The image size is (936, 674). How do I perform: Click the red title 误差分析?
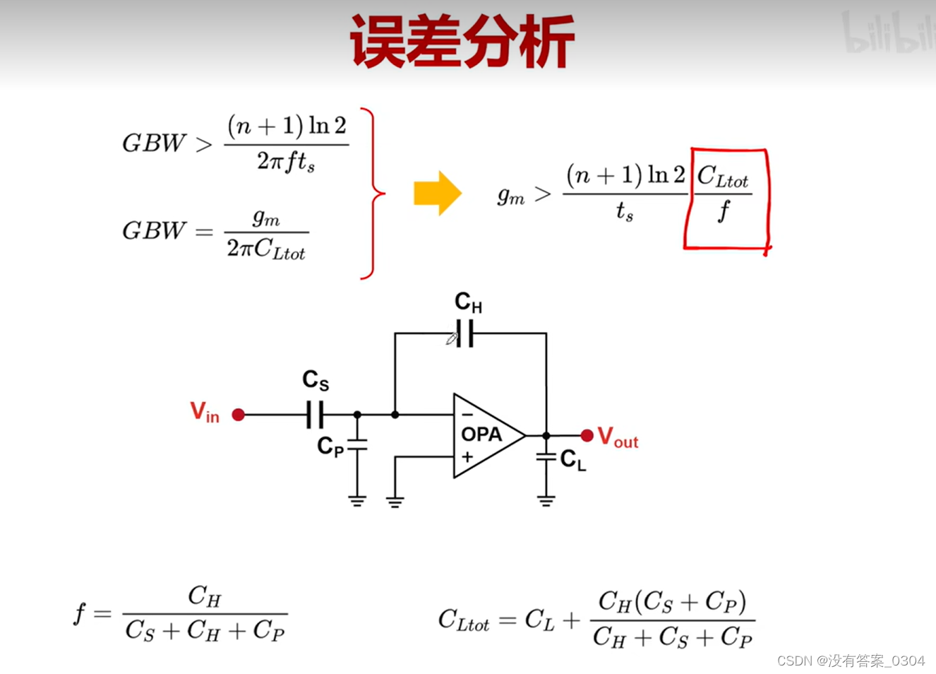462,42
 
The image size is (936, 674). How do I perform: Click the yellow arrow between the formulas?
437,193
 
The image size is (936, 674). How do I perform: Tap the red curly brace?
373,193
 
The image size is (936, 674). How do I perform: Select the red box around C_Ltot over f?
726,199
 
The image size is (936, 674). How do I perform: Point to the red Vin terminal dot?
239,415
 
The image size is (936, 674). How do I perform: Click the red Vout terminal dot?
587,435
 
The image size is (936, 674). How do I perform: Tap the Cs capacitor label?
316,381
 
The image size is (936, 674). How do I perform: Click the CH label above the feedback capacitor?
468,302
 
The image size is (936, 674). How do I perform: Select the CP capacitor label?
330,447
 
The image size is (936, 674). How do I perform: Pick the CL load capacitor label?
573,461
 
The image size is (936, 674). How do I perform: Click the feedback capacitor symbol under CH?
464,333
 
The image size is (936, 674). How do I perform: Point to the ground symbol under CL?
546,501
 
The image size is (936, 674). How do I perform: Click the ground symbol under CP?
357,501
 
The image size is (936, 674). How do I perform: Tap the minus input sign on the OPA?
467,415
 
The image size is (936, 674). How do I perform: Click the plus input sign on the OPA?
467,457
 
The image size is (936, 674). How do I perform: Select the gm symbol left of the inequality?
511,195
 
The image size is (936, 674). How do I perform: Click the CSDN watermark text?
851,661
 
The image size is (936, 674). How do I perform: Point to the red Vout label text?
618,437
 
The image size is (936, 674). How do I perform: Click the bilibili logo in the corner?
889,34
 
